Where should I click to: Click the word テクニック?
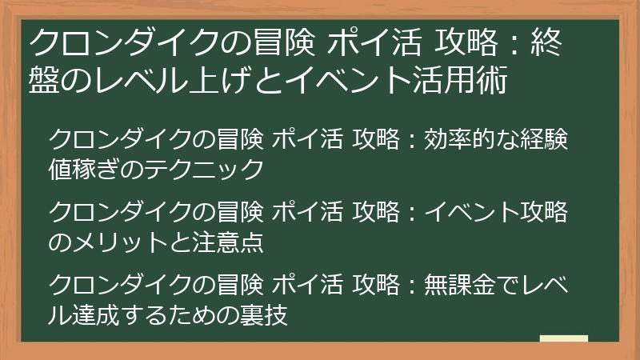[x=216, y=169]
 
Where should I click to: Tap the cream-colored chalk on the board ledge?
[x=564, y=340]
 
